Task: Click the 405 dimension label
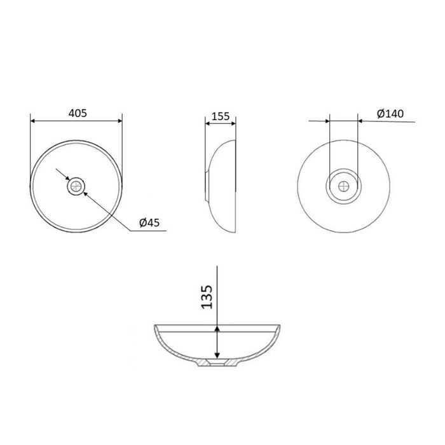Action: [78, 113]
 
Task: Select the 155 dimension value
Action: [220, 116]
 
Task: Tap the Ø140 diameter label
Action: [390, 114]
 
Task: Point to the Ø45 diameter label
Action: [149, 222]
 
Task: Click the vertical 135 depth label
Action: [207, 297]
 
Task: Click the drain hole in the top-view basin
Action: [76, 186]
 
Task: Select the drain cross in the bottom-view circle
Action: [344, 186]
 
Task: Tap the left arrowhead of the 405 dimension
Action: [32, 121]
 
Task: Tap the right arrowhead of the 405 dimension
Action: [120, 121]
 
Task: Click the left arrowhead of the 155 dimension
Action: [207, 123]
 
